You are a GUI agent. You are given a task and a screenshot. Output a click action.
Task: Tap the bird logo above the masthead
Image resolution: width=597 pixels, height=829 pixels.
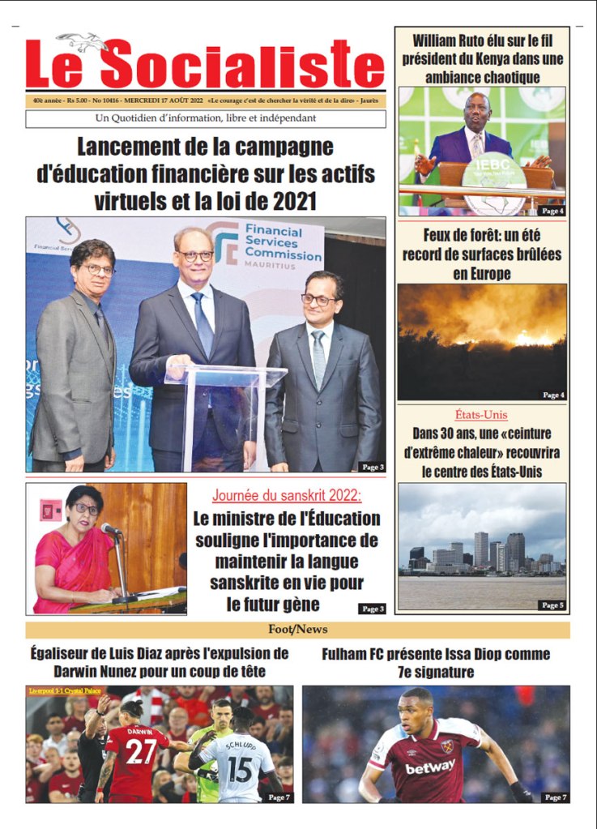(82, 41)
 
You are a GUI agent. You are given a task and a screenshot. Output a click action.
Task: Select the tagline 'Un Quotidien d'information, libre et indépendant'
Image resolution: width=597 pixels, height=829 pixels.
(205, 119)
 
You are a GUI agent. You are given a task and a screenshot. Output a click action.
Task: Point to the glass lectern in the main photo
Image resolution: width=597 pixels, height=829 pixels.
(225, 405)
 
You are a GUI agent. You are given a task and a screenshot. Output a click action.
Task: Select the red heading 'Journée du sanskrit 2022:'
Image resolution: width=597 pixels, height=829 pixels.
(287, 495)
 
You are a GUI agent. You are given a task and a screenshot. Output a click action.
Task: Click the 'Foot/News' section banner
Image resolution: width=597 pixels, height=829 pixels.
(297, 630)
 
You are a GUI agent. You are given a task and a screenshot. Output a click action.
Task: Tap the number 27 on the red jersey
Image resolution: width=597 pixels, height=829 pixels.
(140, 751)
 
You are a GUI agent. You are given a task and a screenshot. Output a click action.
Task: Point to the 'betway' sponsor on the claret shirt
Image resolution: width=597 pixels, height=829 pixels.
(429, 767)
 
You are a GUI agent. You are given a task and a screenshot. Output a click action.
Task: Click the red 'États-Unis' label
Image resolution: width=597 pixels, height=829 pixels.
(482, 415)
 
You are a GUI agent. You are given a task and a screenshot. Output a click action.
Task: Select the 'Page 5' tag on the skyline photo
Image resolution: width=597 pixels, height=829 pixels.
(552, 605)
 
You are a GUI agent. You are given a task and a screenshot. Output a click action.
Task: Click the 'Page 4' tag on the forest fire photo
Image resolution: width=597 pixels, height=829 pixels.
(552, 395)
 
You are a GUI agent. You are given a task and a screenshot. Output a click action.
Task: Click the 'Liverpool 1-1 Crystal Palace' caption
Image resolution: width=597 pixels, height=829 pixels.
(62, 691)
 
